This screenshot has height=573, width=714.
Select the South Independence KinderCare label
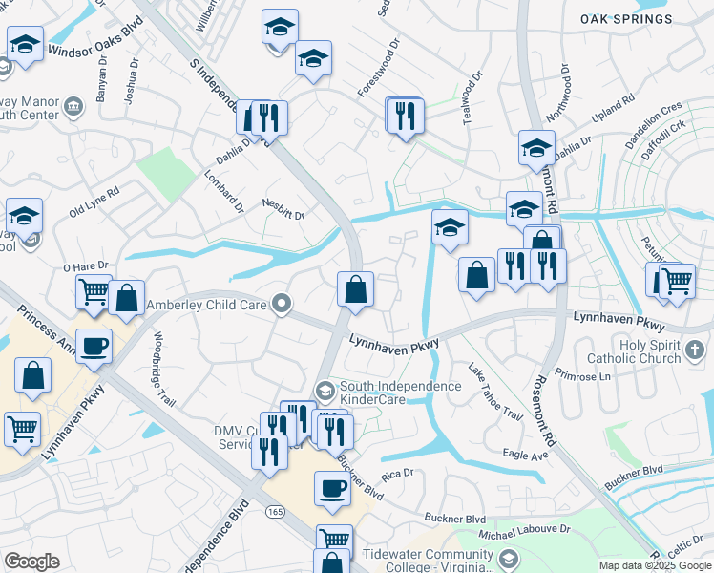point(402,392)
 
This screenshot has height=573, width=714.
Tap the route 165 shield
point(276,513)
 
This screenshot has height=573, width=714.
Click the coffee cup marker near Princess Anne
point(94,347)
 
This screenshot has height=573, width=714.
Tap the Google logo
point(32,562)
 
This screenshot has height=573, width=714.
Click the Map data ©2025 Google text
point(655,565)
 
